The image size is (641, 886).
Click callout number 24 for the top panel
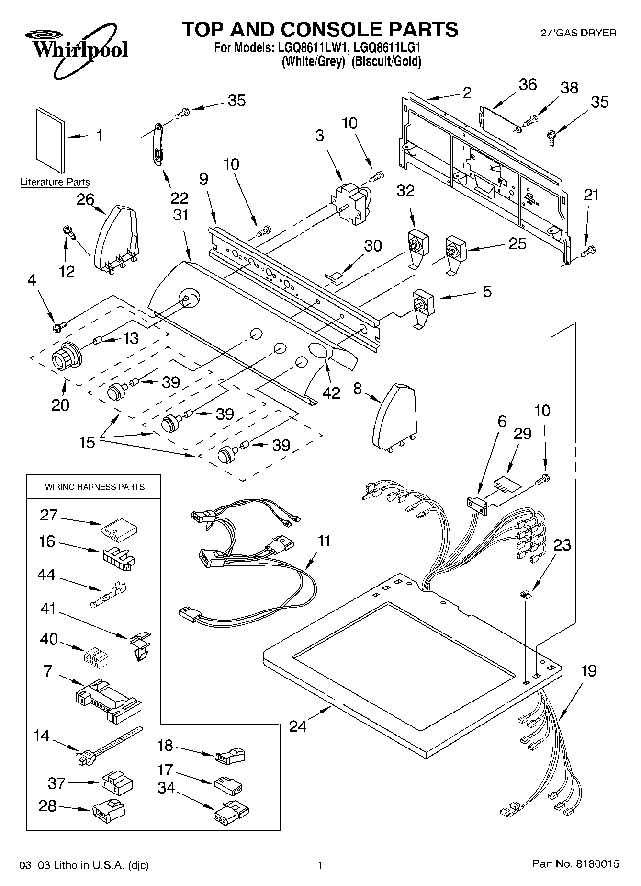click(x=298, y=726)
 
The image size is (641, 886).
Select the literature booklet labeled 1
click(x=50, y=139)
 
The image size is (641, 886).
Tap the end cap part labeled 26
click(x=116, y=237)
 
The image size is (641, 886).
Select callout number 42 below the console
click(x=331, y=393)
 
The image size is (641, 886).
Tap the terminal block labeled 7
click(x=108, y=700)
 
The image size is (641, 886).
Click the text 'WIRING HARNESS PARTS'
click(x=94, y=487)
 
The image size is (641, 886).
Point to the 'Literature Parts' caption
click(x=55, y=183)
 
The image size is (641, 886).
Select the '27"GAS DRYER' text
click(x=578, y=33)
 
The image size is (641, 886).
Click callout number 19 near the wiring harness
click(x=588, y=671)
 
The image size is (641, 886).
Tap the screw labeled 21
click(x=588, y=250)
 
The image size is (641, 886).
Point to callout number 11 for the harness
click(x=324, y=541)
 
